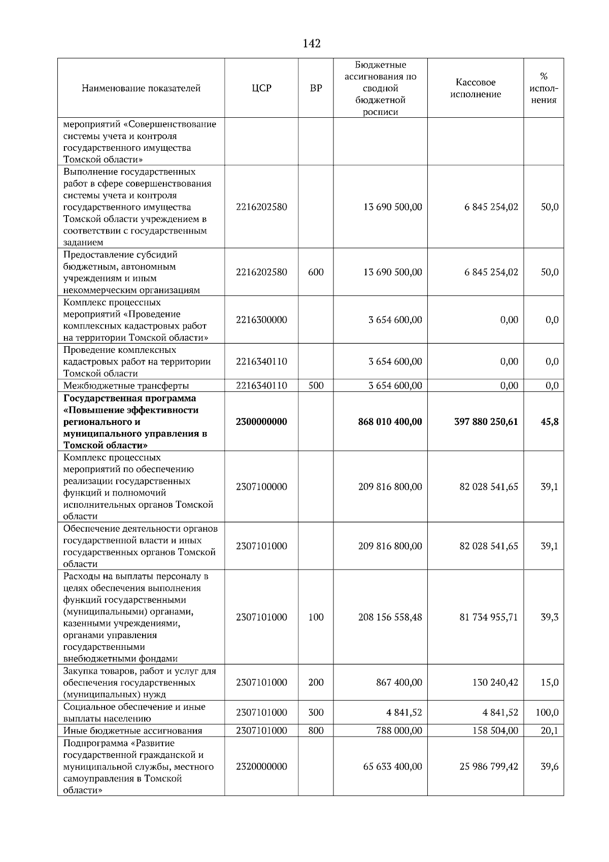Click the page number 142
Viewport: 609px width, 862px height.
[312, 44]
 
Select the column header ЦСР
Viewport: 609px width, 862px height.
[261, 88]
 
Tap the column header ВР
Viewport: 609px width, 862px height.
[316, 88]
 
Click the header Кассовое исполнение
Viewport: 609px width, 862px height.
[476, 88]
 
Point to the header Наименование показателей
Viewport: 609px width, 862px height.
[141, 88]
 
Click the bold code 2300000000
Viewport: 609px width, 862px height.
[261, 422]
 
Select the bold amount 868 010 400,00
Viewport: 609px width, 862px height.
[390, 422]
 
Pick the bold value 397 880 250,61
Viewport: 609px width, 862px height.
[486, 422]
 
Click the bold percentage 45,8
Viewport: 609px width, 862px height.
[550, 422]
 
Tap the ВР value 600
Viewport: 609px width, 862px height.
[316, 272]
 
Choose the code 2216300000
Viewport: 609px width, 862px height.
[261, 320]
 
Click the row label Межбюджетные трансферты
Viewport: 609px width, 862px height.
[126, 386]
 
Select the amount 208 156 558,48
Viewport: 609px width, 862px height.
[390, 617]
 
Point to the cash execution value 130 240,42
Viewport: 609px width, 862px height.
[495, 682]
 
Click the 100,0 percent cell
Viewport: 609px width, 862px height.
[547, 713]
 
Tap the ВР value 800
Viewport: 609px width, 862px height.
[316, 731]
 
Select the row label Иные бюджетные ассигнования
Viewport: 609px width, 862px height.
[133, 731]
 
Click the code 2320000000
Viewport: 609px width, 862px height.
[261, 767]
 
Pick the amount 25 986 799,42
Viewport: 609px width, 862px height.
[489, 767]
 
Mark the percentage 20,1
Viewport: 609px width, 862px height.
[550, 731]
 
